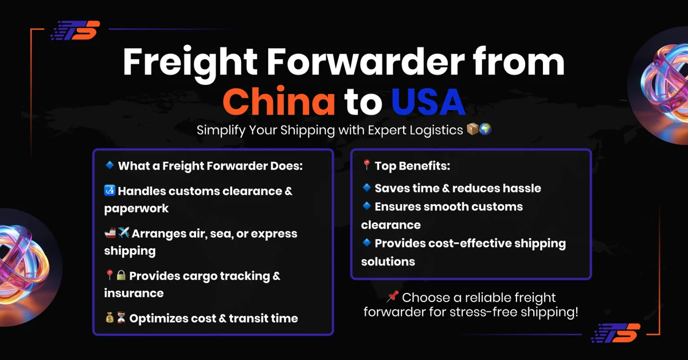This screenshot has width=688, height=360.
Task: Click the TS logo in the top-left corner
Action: (75, 30)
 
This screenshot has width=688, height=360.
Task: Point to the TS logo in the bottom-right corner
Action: (615, 333)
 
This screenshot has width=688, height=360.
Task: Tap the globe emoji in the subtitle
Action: (485, 130)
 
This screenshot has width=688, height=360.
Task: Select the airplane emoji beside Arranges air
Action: (123, 233)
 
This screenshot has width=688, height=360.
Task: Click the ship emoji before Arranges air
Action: (110, 233)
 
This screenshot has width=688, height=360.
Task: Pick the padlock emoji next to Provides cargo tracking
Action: (121, 276)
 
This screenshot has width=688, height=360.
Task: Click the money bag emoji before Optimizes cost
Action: (110, 318)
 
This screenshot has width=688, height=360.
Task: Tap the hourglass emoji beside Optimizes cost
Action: (121, 318)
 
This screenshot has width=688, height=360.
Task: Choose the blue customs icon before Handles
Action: (110, 191)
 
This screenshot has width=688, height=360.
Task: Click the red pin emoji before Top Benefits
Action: (367, 166)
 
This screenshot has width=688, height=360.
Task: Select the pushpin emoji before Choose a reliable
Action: (393, 297)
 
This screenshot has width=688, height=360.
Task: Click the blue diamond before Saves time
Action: (367, 187)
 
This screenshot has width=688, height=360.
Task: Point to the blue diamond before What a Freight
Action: (110, 166)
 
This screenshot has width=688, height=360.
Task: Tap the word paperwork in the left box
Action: (136, 209)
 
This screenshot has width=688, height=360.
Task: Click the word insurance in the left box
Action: (134, 293)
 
